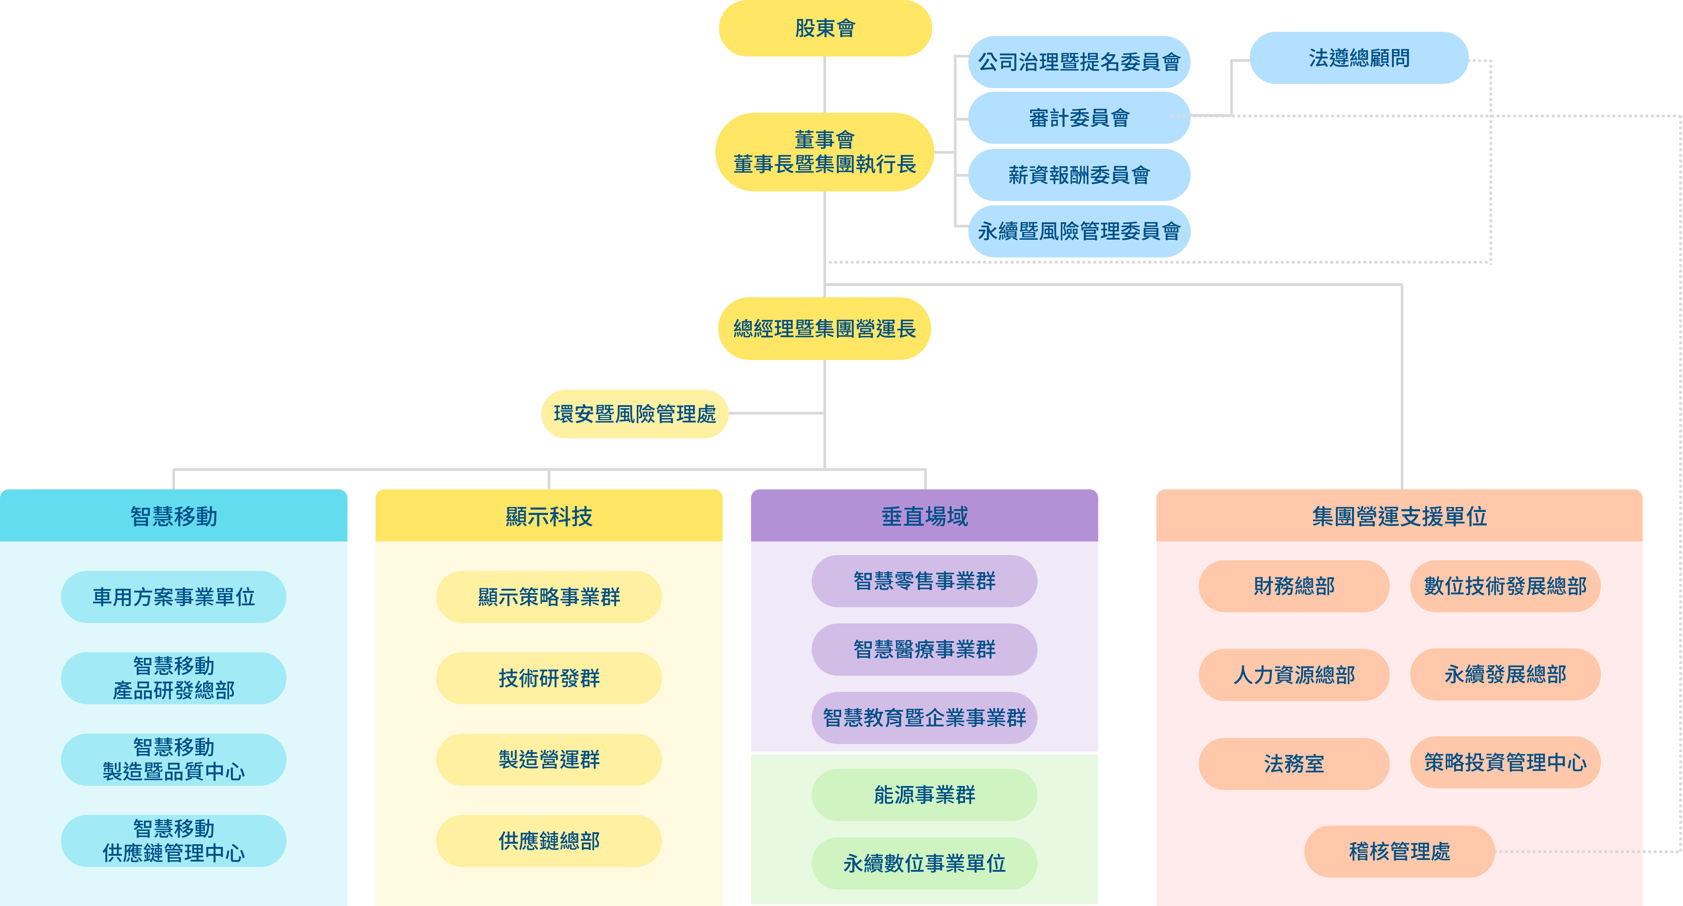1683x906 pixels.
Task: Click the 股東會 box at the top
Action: pos(825,28)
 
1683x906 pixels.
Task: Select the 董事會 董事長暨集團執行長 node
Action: pos(825,152)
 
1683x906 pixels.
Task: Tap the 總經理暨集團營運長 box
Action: pos(825,328)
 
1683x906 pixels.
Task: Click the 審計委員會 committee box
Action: pos(1079,118)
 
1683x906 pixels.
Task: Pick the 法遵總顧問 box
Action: pos(1359,58)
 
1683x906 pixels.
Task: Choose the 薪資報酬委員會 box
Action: pos(1079,175)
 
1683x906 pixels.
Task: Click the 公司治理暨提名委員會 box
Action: pos(1079,62)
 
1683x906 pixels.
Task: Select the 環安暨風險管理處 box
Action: pos(634,413)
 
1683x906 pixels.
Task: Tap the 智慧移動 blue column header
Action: pos(173,516)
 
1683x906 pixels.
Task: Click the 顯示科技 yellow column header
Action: pos(549,516)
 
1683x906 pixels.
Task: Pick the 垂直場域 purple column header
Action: pos(924,516)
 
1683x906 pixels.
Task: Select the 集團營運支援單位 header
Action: pos(1399,516)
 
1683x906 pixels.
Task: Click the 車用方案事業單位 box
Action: pos(173,596)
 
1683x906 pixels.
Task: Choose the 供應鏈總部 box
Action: pos(549,841)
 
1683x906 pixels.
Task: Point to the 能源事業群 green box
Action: pos(924,795)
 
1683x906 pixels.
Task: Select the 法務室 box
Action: pos(1294,763)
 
